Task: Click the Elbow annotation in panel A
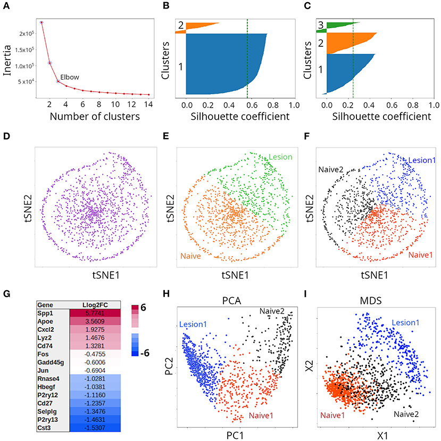(x=70, y=77)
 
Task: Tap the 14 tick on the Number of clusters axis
(x=148, y=104)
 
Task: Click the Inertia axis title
(x=7, y=60)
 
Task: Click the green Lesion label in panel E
(x=280, y=157)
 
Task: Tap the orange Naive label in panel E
(x=190, y=256)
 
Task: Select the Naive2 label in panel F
(x=331, y=169)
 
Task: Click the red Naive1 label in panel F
(x=420, y=255)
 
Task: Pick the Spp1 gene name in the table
(x=45, y=313)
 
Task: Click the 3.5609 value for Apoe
(x=95, y=321)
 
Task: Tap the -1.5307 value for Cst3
(x=95, y=428)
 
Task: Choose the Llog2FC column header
(x=95, y=305)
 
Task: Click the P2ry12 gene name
(x=48, y=395)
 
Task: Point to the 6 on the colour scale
(x=143, y=307)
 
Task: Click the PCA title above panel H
(x=231, y=301)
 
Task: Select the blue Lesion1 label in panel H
(x=193, y=324)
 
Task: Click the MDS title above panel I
(x=371, y=301)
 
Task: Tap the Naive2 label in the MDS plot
(x=406, y=414)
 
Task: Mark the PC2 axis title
(x=169, y=366)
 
